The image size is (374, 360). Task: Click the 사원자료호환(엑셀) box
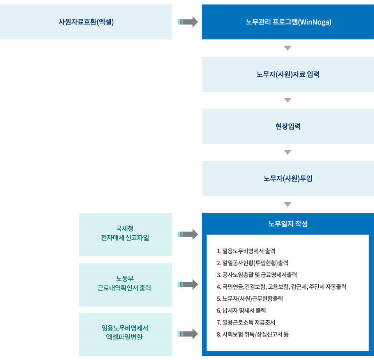pos(86,22)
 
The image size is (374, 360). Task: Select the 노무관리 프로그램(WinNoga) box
pos(288,22)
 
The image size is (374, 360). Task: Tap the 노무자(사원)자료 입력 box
pos(288,74)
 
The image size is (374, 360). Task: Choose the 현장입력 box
pos(288,127)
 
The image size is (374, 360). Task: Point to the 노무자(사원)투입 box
pos(288,178)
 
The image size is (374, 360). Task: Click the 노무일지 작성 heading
pos(288,224)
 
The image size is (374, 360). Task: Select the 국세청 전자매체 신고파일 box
pos(126,235)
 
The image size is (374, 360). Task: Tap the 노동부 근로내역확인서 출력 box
pos(126,285)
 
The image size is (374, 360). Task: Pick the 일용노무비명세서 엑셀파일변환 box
pos(126,335)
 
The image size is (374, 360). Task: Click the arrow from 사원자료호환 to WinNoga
pos(188,22)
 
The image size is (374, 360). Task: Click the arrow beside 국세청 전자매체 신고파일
pos(188,234)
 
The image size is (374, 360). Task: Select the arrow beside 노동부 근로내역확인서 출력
pos(188,284)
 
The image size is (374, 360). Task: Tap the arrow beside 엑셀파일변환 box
pos(188,334)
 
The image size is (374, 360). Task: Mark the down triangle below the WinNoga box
pos(288,48)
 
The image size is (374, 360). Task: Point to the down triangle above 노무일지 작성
pos(288,204)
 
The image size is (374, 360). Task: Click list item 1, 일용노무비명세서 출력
pos(246,251)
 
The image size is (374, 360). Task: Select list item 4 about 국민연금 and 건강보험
pos(281,287)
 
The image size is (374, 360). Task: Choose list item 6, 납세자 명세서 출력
pos(241,311)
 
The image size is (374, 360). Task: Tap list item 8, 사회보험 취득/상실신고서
pos(252,334)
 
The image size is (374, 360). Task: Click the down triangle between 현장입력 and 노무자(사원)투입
pos(288,152)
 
